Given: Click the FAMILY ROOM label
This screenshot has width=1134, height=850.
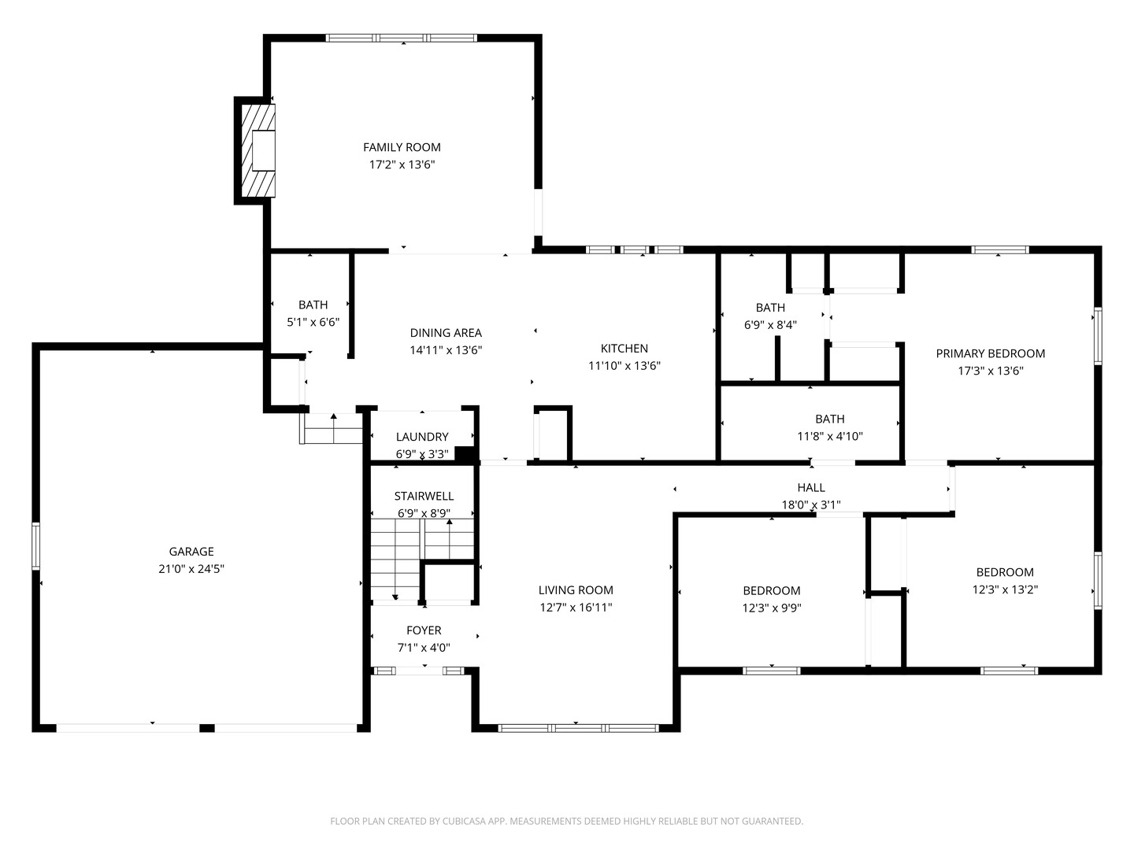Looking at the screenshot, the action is click(x=402, y=148).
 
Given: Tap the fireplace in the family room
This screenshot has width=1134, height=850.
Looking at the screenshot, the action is click(x=258, y=150).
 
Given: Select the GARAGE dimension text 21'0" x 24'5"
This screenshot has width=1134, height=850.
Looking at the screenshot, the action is click(x=191, y=569).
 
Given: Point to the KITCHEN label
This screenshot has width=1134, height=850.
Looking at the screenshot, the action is click(x=624, y=349).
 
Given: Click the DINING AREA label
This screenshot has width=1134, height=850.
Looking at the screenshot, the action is click(x=446, y=333).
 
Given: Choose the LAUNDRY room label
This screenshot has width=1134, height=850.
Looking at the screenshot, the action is click(x=422, y=437).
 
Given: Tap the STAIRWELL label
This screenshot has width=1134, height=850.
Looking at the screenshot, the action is click(x=424, y=497).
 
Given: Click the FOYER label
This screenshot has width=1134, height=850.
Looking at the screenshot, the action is click(x=424, y=630).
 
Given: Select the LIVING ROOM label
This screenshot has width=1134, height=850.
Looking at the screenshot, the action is click(x=576, y=590).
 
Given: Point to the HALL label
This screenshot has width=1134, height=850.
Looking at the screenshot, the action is click(x=811, y=487).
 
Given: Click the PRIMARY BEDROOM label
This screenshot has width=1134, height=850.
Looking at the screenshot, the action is click(x=991, y=353).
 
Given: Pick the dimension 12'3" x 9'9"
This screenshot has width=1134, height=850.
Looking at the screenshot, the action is click(x=772, y=608).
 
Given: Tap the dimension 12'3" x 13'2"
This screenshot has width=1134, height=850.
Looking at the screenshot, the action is click(x=1005, y=589).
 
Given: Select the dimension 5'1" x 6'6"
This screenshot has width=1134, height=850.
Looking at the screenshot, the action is click(x=313, y=323).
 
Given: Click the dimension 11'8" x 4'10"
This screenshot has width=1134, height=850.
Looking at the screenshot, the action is click(x=830, y=437).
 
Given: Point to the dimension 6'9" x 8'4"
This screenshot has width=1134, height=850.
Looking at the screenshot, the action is click(x=770, y=325).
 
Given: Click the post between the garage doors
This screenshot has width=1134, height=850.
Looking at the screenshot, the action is click(x=206, y=728).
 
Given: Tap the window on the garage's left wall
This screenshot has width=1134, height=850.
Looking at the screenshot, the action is click(x=35, y=546).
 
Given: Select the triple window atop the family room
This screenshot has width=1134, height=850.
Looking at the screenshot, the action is click(x=402, y=38).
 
